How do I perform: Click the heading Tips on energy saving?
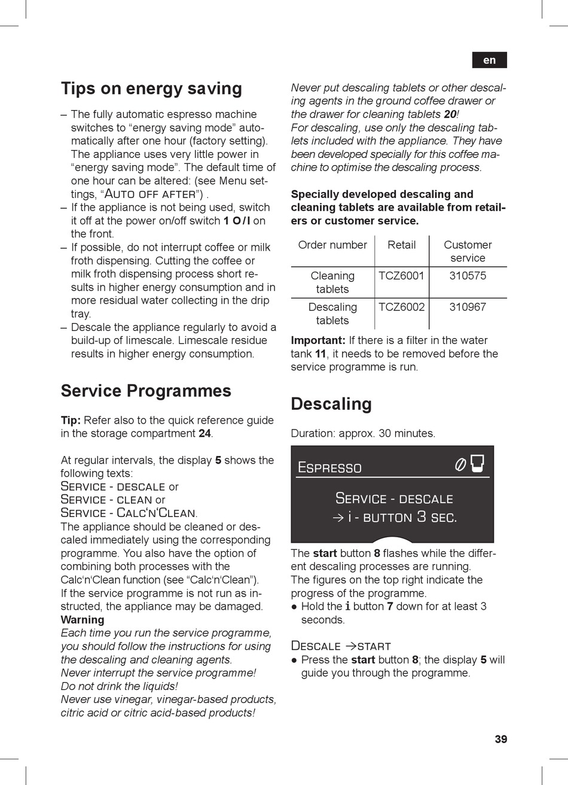click(x=151, y=89)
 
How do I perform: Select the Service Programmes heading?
click(x=146, y=391)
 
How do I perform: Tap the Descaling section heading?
click(x=331, y=404)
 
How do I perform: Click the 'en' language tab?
click(x=489, y=60)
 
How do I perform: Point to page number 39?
click(x=500, y=739)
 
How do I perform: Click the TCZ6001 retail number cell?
click(x=401, y=276)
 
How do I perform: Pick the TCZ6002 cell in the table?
click(x=401, y=307)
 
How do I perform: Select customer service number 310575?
click(x=468, y=276)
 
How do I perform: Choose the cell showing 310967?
click(x=468, y=307)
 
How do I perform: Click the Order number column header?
click(x=332, y=245)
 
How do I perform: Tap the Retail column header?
click(x=401, y=245)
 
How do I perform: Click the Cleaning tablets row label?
click(x=332, y=282)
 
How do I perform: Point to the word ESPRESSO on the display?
click(x=329, y=468)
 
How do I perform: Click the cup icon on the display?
click(x=477, y=463)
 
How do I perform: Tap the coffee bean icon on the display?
click(x=460, y=464)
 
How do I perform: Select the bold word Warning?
click(x=83, y=620)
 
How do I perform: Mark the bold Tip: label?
click(x=71, y=420)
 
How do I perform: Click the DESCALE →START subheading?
click(x=340, y=646)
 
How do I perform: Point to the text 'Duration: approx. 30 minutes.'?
click(x=363, y=433)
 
